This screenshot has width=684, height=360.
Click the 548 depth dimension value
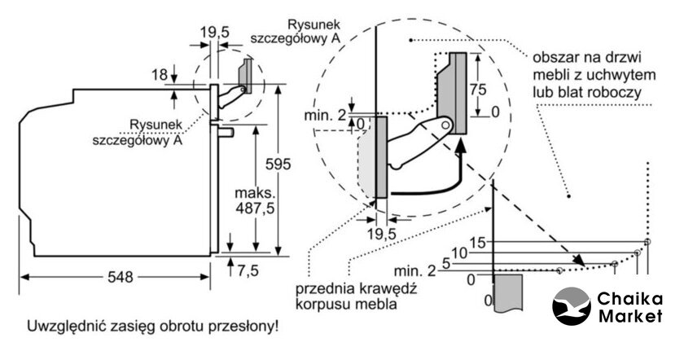coord(120,277)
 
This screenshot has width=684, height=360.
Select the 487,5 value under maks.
coord(256,209)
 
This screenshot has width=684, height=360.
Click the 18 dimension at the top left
coord(160,75)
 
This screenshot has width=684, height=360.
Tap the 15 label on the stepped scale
coord(477,242)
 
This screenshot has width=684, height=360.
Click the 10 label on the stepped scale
coord(460,253)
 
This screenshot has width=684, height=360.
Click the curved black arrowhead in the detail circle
coord(461,147)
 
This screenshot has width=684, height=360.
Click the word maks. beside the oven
coord(255,194)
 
